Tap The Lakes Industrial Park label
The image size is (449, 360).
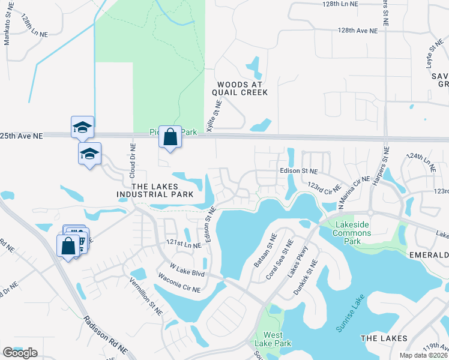155,190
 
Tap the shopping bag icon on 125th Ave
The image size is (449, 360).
170,137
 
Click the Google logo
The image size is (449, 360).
20,353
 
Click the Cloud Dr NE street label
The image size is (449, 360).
133,161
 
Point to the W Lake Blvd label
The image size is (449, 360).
188,266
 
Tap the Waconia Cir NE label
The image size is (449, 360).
178,282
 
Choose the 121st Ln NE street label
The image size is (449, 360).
184,244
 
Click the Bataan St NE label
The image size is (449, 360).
267,251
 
